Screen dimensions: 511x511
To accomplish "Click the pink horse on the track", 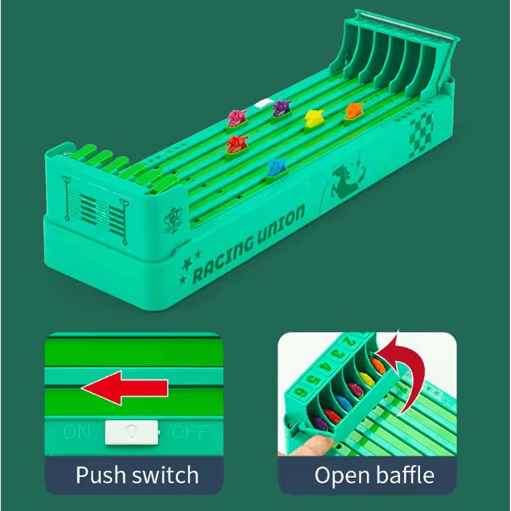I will (x=237, y=117).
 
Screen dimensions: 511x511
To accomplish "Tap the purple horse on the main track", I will (x=280, y=109).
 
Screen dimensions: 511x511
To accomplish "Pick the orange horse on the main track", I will (x=353, y=111).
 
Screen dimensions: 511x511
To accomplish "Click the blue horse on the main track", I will (x=277, y=168).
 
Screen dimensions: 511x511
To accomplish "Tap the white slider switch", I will (x=130, y=432).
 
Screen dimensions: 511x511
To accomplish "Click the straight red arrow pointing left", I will (x=124, y=390).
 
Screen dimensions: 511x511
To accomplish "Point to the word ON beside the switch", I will (x=77, y=432).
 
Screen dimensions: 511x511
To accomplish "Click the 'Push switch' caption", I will (x=137, y=475).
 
